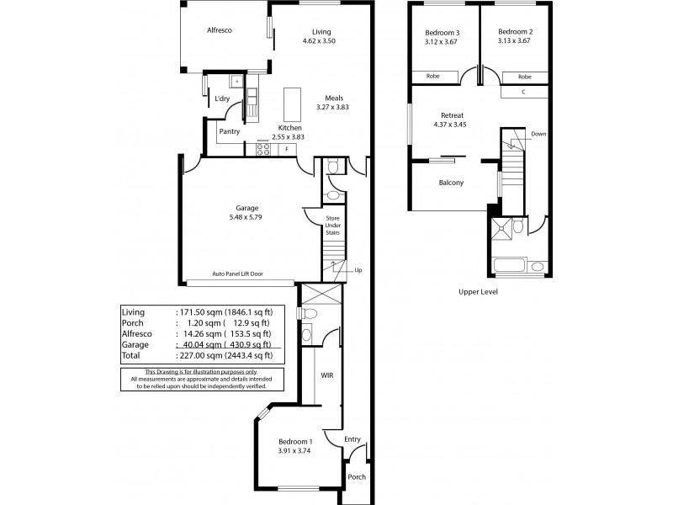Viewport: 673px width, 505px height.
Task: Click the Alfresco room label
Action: (x=220, y=30)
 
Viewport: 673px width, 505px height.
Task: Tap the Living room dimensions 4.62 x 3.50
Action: (x=319, y=40)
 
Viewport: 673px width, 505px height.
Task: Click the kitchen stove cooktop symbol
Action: (x=263, y=150)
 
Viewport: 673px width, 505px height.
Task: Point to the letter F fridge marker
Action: (x=288, y=150)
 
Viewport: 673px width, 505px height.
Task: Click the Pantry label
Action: (x=230, y=131)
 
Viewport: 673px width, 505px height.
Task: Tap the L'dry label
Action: (x=222, y=98)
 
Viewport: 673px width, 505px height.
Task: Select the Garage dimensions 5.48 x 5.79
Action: (x=246, y=217)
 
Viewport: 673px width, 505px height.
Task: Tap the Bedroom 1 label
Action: (x=296, y=442)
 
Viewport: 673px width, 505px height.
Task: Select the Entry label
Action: (x=352, y=439)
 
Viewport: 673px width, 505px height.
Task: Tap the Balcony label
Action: (x=452, y=183)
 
